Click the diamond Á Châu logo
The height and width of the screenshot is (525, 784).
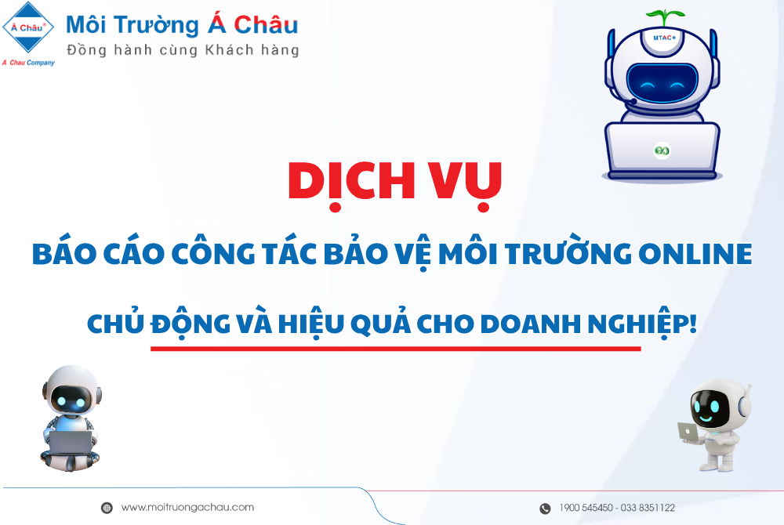[x=28, y=27]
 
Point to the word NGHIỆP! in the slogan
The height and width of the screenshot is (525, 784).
[x=642, y=323]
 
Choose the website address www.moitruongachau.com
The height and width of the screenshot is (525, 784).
[x=187, y=508]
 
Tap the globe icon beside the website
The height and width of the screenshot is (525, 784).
[x=107, y=508]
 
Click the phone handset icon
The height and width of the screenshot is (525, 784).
[x=545, y=509]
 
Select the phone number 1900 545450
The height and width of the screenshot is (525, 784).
[x=586, y=508]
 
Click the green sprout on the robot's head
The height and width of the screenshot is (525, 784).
[x=664, y=17]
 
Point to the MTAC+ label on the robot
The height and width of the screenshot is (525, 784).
[x=665, y=38]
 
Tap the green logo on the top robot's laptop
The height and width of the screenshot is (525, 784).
[x=662, y=150]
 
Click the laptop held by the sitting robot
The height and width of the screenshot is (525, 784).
[x=70, y=442]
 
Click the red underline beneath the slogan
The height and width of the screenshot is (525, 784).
[x=395, y=349]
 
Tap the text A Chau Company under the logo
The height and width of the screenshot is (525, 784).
[x=28, y=63]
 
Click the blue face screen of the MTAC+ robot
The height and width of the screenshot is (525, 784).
[x=662, y=83]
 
